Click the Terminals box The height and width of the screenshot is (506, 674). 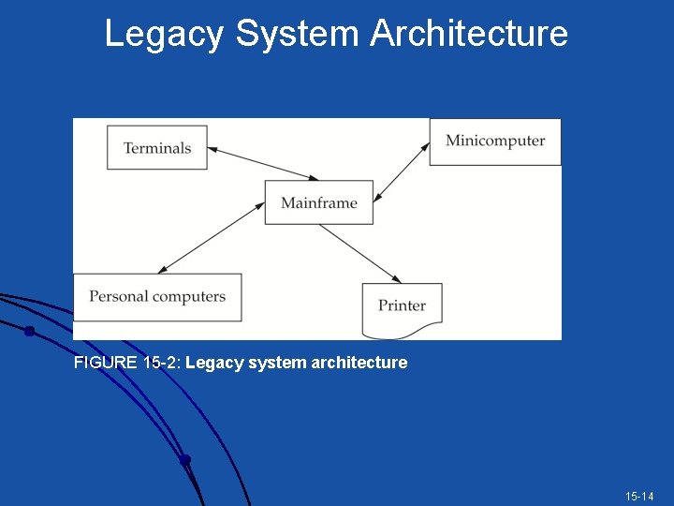[156, 148]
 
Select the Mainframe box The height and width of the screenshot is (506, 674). [318, 202]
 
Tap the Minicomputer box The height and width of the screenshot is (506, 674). [495, 141]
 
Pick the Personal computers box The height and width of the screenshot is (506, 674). [157, 297]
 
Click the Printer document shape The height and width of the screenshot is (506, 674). [402, 306]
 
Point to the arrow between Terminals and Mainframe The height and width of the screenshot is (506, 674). [262, 165]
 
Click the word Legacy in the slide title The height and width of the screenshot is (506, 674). [164, 34]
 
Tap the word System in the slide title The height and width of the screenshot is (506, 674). [297, 34]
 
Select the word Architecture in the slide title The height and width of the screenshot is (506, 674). [468, 34]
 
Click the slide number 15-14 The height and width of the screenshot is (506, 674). [640, 496]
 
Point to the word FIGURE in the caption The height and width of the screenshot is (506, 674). [107, 363]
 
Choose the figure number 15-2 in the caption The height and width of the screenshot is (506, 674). [163, 363]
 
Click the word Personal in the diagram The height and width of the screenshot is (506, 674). [119, 297]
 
